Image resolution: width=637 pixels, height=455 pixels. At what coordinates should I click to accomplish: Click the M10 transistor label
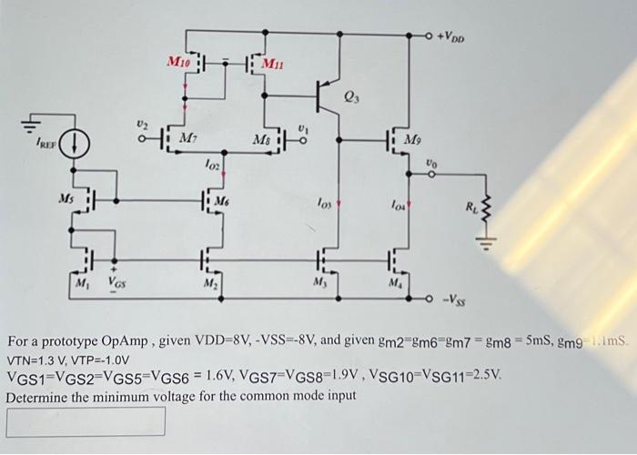(177, 62)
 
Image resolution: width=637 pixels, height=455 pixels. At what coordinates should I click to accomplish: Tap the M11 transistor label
(274, 63)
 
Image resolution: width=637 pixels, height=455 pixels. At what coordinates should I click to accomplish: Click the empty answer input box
(86, 421)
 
